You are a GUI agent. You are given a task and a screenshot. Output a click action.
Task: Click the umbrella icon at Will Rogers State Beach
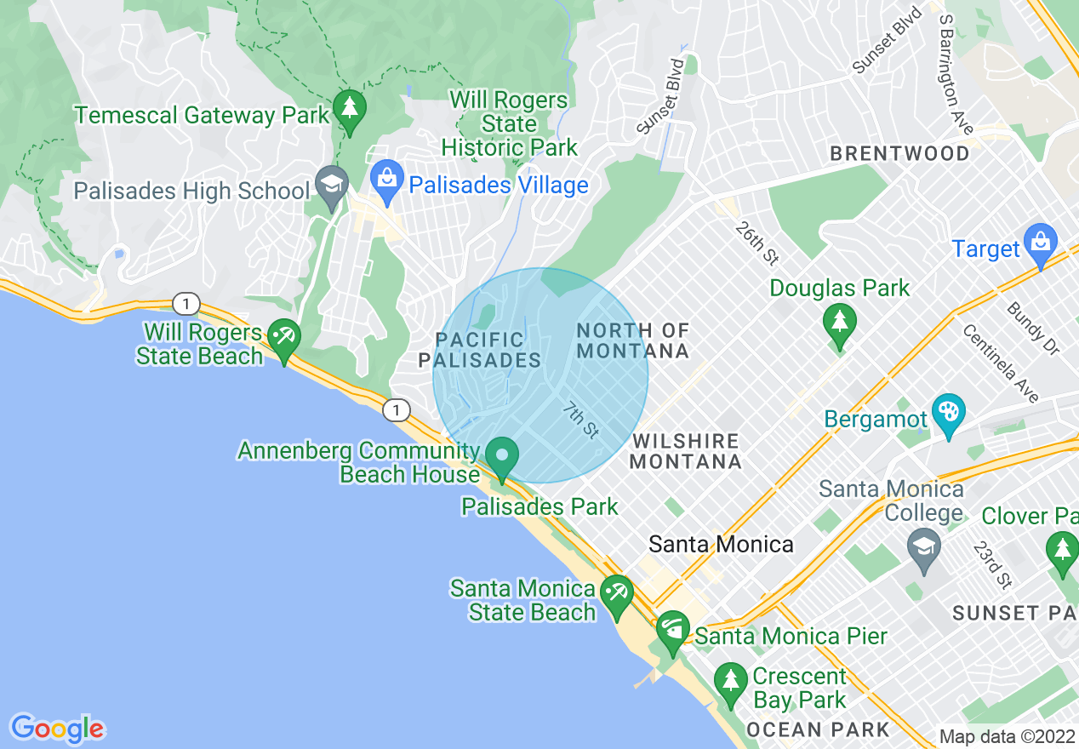(283, 339)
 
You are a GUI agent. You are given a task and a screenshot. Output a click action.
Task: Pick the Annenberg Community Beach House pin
(502, 457)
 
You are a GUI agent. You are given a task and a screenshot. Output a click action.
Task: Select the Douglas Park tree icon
(840, 324)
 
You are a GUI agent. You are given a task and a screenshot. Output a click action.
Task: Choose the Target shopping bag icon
(1040, 243)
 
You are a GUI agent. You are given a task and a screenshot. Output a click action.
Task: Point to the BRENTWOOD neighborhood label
(899, 154)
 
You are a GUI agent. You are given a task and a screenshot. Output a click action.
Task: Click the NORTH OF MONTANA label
(632, 340)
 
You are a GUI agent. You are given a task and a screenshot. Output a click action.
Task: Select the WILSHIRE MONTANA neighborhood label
(686, 451)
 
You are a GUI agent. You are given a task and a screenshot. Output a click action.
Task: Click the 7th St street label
(581, 421)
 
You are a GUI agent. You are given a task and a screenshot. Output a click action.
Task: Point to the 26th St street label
(758, 243)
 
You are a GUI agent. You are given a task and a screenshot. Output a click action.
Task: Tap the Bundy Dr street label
(1032, 329)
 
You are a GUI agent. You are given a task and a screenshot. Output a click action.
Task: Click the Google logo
(57, 729)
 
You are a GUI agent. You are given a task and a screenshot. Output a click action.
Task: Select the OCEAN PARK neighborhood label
(817, 729)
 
